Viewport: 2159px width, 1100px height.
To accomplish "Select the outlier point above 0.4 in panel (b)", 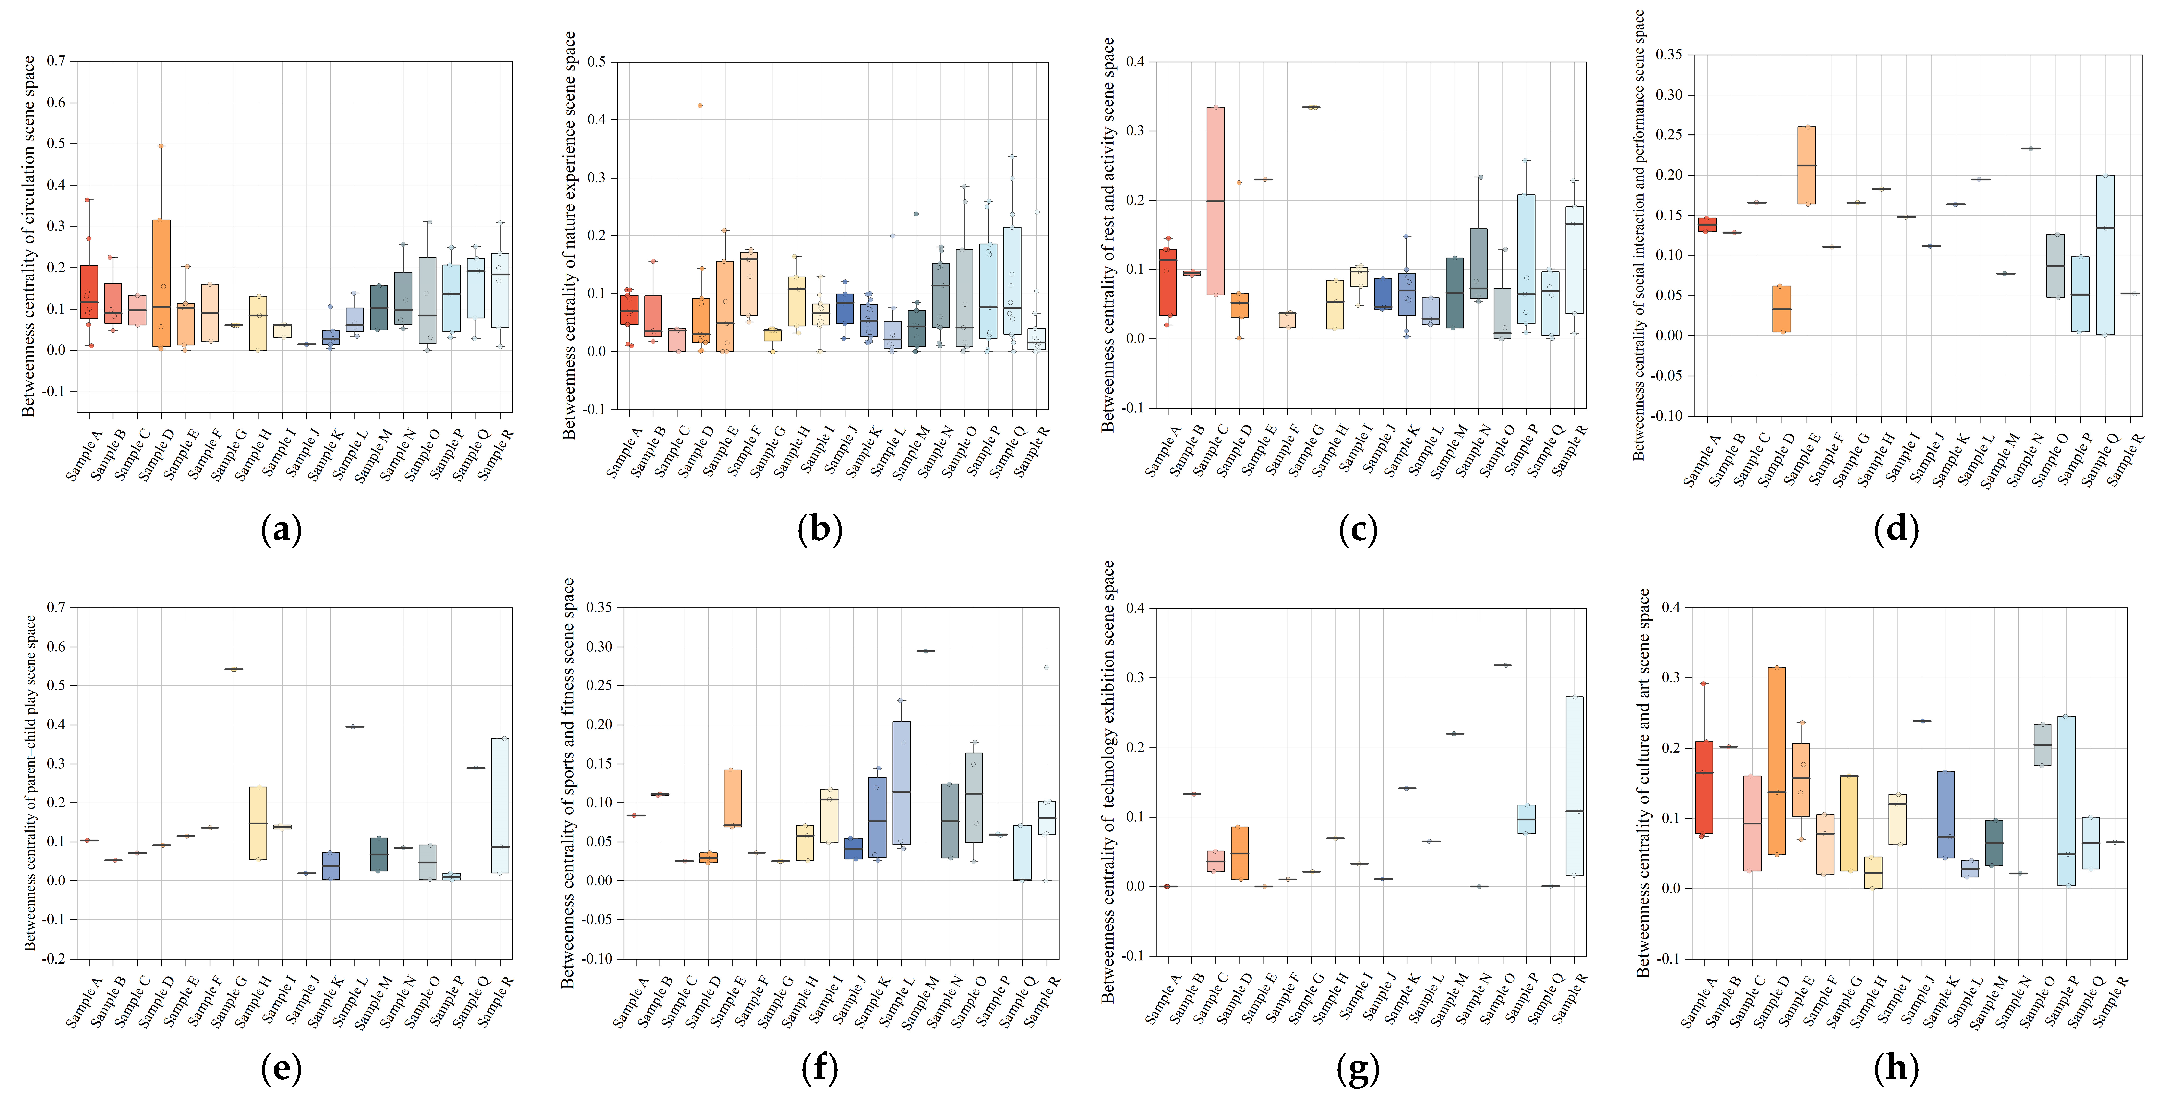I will pos(700,106).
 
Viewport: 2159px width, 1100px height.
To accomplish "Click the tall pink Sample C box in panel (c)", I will pos(1215,201).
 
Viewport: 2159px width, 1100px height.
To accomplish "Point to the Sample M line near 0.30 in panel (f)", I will pos(925,651).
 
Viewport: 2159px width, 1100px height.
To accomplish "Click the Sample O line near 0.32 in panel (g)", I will pos(1502,665).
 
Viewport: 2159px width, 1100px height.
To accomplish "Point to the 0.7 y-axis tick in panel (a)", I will pos(56,61).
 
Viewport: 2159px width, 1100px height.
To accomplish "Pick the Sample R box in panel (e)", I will pos(500,805).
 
